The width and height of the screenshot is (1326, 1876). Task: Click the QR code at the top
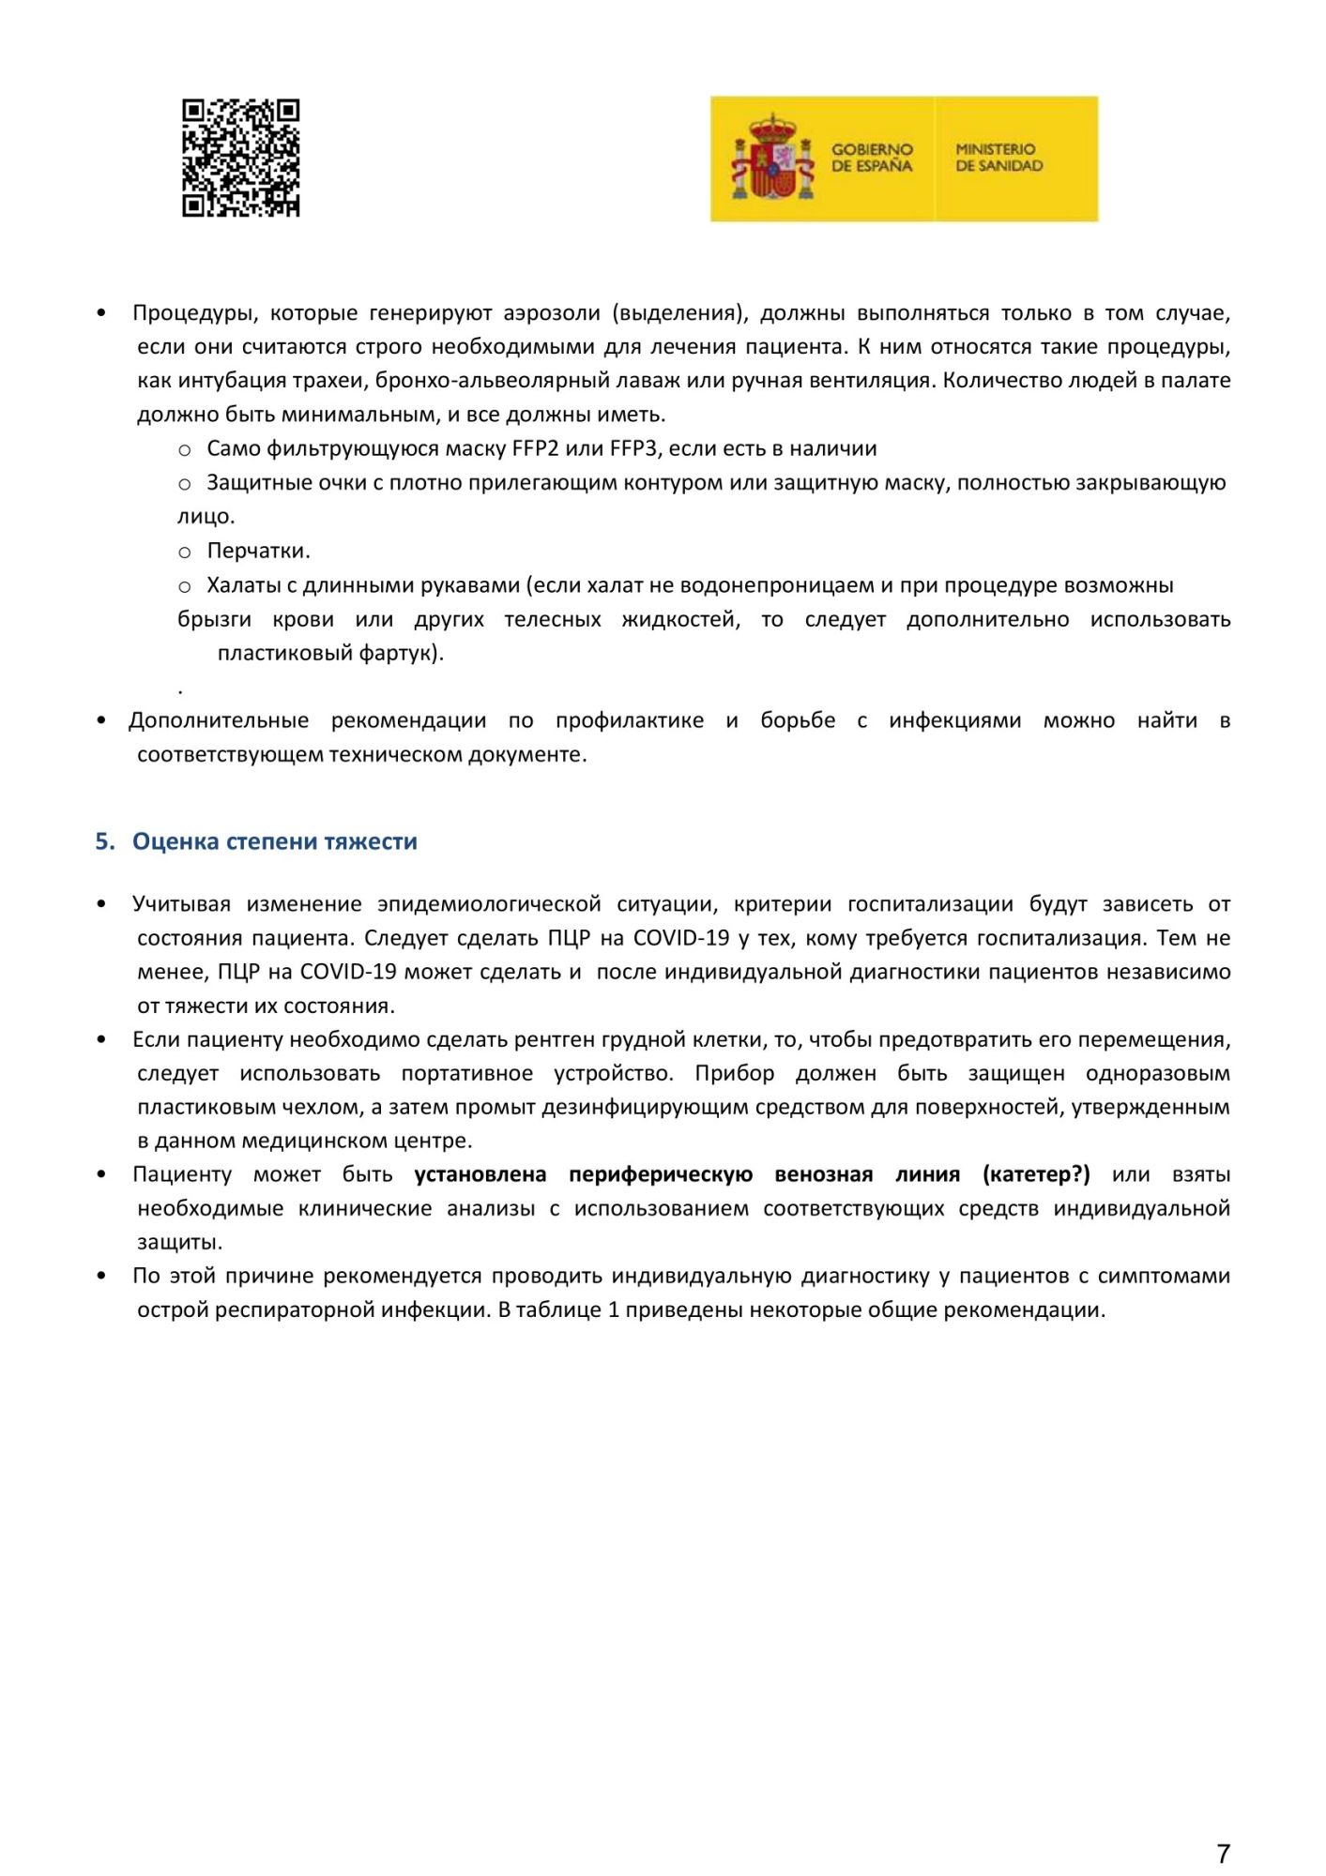point(240,158)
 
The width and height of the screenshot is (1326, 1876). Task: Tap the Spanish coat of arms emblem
point(772,159)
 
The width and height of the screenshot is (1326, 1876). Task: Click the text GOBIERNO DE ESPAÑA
point(872,158)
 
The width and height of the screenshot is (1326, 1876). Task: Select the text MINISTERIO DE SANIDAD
point(998,158)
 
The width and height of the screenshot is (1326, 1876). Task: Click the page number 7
point(1223,1853)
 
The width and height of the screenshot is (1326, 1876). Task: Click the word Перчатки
point(257,551)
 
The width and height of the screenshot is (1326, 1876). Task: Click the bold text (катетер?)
point(1036,1174)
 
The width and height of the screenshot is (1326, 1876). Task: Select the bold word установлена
point(480,1174)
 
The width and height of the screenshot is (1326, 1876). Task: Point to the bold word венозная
point(823,1174)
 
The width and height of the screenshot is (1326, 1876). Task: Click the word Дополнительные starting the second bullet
point(219,720)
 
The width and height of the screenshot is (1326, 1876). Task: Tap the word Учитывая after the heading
point(181,904)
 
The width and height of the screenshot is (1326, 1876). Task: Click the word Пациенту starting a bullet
point(182,1174)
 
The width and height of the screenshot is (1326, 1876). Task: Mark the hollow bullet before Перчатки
point(185,552)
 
